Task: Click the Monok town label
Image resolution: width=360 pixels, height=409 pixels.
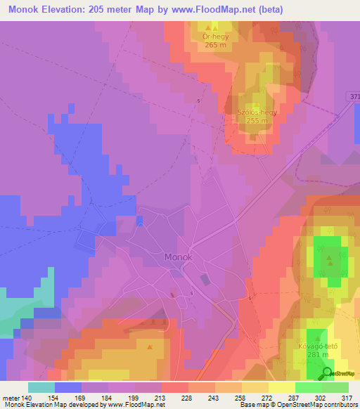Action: [179, 257]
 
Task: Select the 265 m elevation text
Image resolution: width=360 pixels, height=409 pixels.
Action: [214, 45]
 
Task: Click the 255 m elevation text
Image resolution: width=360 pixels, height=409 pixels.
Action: [257, 121]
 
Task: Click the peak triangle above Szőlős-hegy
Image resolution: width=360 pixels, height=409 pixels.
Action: [257, 103]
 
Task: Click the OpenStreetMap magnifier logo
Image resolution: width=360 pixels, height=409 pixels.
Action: [327, 373]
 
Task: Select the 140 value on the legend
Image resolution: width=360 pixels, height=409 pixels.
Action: [27, 398]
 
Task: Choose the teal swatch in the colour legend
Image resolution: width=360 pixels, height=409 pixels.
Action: [41, 387]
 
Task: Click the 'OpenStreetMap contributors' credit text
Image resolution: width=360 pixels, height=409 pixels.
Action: [323, 405]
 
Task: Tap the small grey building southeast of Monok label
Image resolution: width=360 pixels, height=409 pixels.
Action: [205, 279]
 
